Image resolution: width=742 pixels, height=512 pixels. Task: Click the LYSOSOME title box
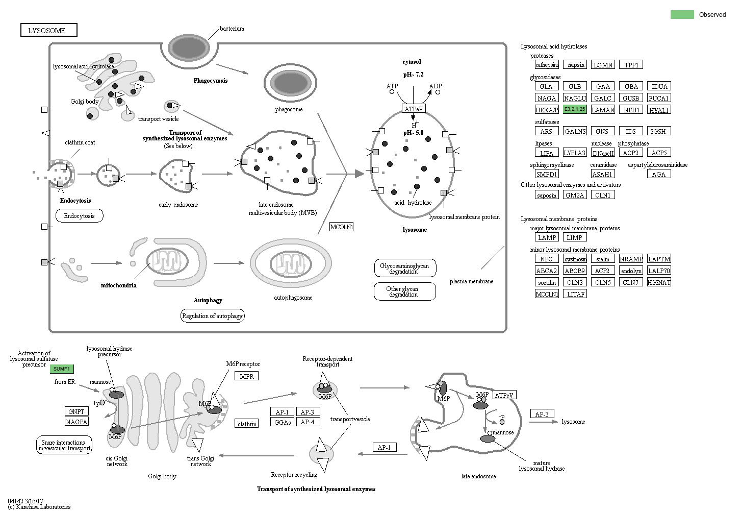(48, 30)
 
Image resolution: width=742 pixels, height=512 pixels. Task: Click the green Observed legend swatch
(682, 14)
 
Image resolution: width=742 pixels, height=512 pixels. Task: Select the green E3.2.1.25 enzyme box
(575, 109)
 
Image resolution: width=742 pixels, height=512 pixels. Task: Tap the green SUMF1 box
(62, 369)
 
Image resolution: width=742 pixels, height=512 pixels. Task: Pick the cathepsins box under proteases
(547, 65)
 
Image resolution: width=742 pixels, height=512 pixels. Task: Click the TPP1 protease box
(631, 65)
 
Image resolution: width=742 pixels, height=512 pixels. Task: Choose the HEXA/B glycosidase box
(547, 110)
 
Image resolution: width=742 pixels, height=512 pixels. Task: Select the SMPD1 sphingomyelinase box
(547, 174)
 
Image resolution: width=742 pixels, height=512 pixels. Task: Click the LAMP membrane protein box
(547, 237)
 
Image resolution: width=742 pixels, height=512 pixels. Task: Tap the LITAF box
(575, 294)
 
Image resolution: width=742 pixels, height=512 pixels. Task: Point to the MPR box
(247, 376)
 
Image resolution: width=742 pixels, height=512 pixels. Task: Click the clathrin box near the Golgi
(247, 424)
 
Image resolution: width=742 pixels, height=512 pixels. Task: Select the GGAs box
(282, 422)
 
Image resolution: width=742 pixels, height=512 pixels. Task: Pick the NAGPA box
(76, 422)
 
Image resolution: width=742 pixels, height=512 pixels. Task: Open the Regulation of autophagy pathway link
(212, 316)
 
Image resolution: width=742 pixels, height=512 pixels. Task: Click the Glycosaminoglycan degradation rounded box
(404, 269)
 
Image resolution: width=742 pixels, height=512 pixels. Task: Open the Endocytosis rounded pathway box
(79, 216)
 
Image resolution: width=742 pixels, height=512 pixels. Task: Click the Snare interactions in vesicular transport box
(64, 445)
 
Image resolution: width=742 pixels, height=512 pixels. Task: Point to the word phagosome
(289, 109)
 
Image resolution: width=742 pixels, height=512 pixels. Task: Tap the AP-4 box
(307, 422)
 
